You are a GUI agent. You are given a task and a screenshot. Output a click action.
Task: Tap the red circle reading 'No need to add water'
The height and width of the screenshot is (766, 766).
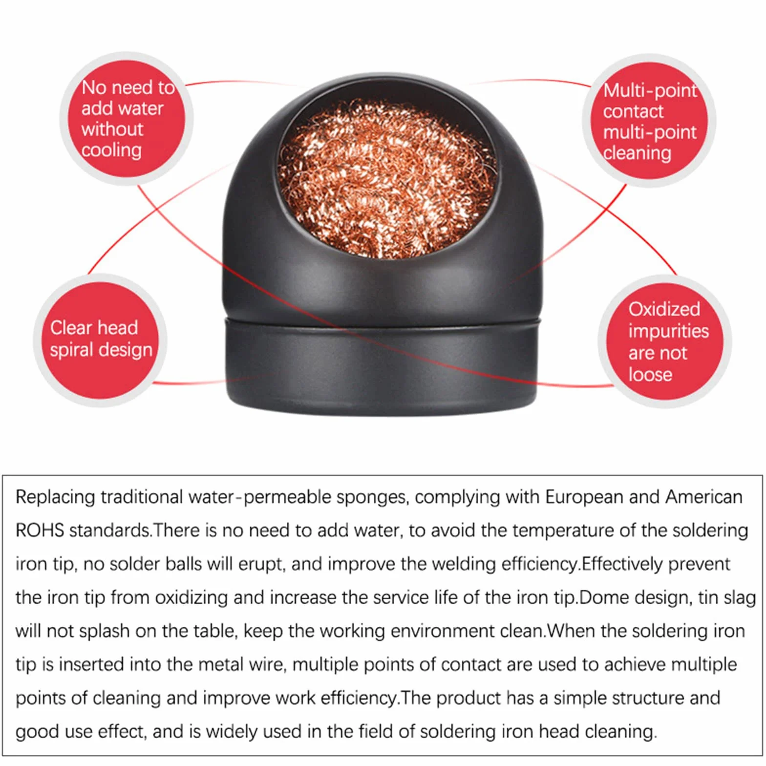click(127, 119)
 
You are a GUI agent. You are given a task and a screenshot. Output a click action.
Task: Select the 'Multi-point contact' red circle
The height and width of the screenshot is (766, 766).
click(649, 121)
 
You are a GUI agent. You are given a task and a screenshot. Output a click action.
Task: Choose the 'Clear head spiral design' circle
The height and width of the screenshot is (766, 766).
click(100, 340)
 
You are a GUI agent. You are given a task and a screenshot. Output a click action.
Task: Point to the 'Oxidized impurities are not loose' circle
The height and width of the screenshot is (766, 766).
click(665, 341)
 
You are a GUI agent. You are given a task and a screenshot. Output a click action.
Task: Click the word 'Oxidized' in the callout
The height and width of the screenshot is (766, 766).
click(664, 309)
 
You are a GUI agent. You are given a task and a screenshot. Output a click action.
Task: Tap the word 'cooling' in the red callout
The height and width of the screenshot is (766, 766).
click(111, 150)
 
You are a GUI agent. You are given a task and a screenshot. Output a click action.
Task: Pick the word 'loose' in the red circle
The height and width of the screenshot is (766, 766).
click(650, 375)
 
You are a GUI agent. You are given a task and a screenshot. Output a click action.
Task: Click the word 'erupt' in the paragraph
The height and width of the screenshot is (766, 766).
click(261, 565)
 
